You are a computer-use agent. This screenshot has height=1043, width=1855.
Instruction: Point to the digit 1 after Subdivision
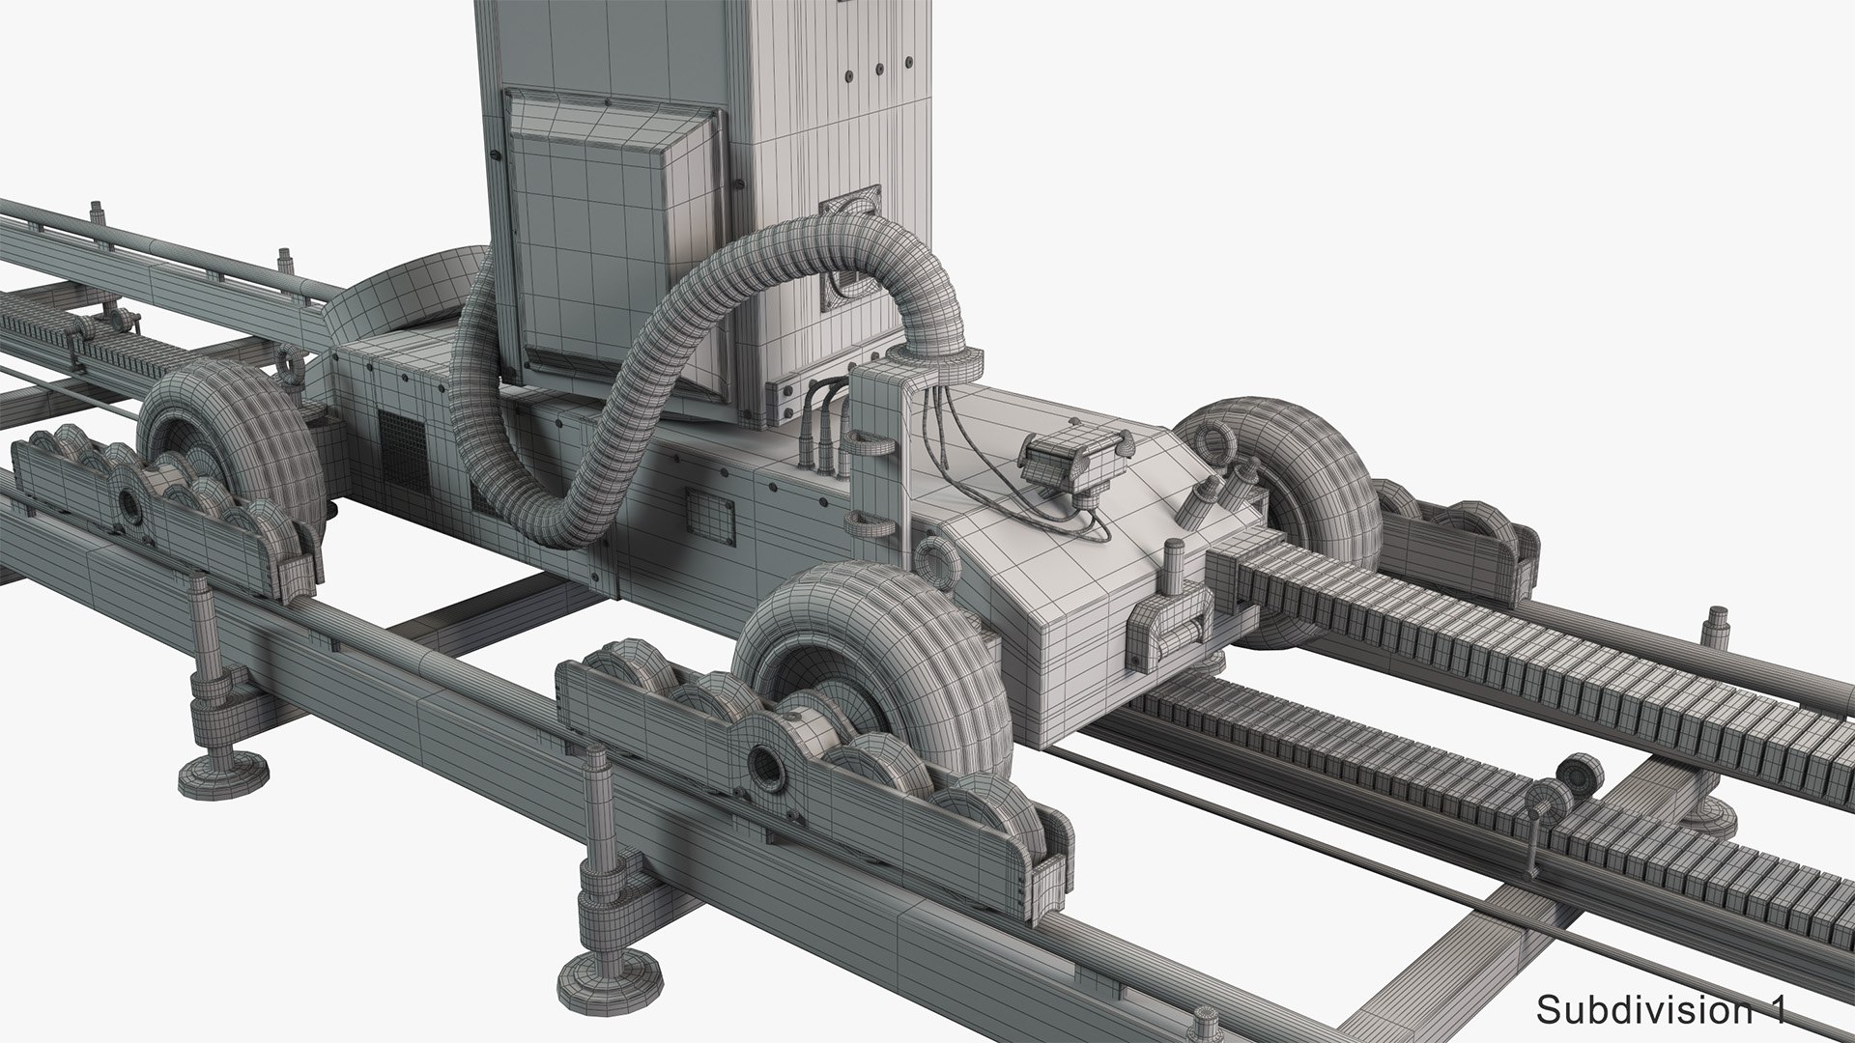coord(1777,1010)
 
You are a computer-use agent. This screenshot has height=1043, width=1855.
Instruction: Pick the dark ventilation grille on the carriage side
coord(401,449)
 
